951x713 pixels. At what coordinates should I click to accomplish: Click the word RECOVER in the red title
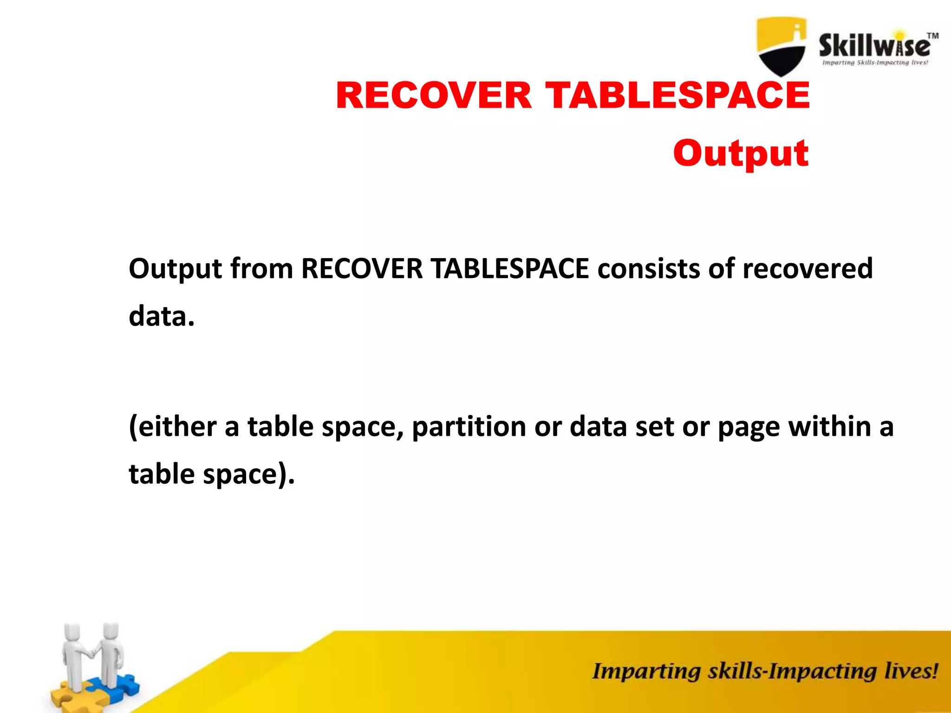click(x=434, y=96)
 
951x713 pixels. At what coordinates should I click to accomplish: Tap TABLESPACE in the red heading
click(x=677, y=96)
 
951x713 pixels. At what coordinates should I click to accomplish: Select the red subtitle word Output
click(x=741, y=153)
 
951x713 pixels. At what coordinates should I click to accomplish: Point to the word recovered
click(x=808, y=269)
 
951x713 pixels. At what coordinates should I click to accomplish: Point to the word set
click(x=655, y=427)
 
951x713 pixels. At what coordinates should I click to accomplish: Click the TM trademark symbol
click(x=932, y=36)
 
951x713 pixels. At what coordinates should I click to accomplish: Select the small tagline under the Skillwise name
click(x=875, y=63)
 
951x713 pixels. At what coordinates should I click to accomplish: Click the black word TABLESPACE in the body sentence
click(x=510, y=269)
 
